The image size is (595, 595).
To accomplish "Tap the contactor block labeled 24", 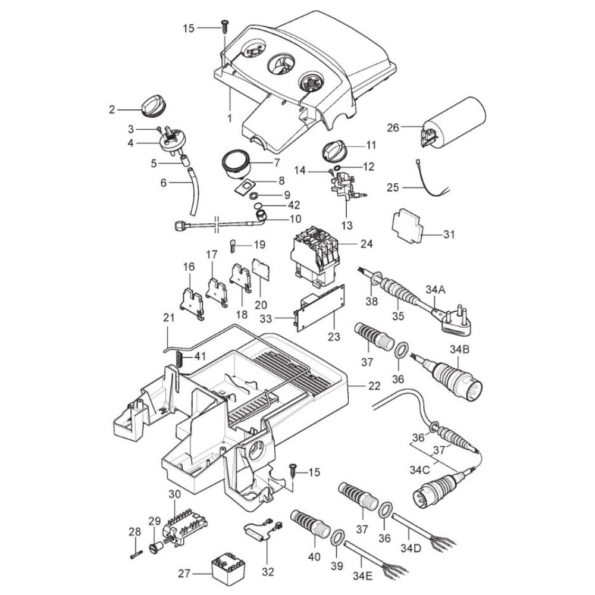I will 315,253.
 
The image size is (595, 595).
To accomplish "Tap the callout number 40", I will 314,558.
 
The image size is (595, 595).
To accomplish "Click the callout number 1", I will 230,118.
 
